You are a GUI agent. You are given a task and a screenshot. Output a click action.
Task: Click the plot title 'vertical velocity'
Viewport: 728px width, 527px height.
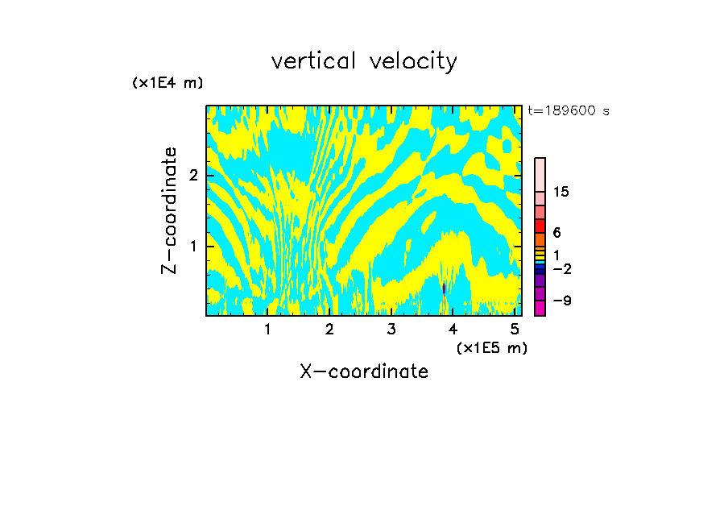(364, 61)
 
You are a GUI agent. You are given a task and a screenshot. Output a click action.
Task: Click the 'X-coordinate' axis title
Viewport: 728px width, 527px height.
(364, 371)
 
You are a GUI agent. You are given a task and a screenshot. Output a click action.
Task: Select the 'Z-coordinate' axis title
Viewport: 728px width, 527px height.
(169, 210)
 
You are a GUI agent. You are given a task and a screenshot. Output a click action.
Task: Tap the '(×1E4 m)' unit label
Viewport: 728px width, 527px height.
(168, 83)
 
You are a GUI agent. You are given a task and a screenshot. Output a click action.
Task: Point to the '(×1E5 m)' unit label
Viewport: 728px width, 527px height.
(491, 347)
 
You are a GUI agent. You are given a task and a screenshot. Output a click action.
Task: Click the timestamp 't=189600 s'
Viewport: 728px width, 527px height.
(568, 111)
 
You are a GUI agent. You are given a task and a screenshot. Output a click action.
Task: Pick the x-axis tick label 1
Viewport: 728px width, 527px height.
(267, 330)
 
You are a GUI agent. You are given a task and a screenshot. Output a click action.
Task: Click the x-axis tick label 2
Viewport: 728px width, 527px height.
(329, 330)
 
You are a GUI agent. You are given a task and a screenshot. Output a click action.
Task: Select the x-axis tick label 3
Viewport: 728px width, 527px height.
(391, 330)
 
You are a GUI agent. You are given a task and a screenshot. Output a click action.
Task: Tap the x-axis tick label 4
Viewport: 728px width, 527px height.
(453, 330)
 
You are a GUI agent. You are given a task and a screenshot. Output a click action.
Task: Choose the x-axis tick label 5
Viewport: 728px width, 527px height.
(515, 330)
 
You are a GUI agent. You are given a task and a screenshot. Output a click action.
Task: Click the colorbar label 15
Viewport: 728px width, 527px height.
(561, 192)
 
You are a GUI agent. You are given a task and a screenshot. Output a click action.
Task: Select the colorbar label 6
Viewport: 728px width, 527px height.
(556, 233)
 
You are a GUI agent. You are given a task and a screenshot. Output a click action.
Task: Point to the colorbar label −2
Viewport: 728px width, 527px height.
(561, 269)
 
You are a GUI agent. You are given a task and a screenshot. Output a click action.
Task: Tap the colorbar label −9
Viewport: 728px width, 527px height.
(561, 301)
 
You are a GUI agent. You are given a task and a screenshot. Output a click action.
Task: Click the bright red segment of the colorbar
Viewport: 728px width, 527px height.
(540, 226)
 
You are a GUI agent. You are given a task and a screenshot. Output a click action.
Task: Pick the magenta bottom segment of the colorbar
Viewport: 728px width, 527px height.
(540, 308)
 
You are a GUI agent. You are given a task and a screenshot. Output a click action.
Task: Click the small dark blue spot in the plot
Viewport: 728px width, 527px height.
(444, 288)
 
